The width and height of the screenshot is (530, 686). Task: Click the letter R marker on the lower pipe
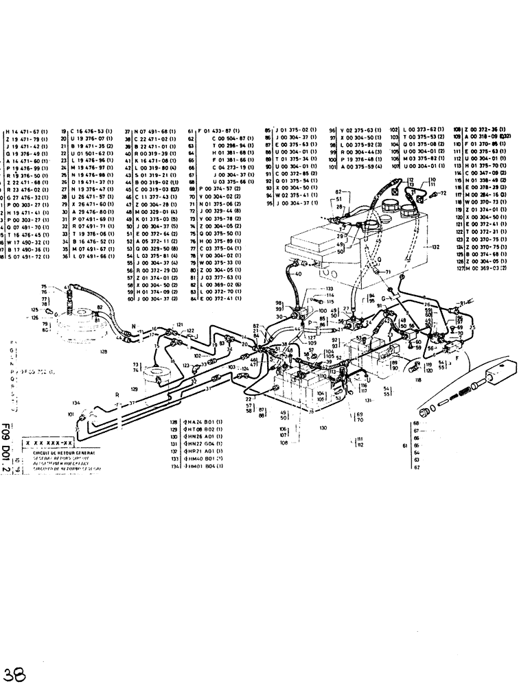[117, 396]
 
